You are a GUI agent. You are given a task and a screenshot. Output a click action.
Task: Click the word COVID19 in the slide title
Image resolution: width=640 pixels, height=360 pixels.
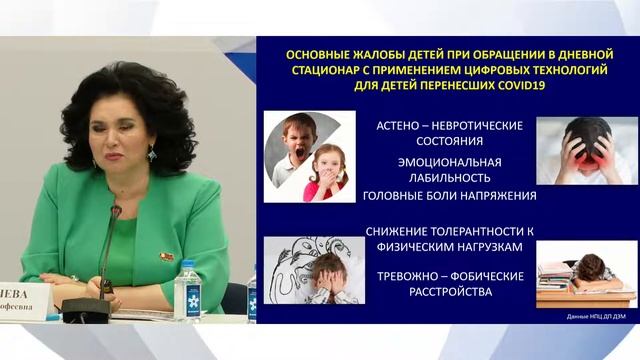pos(501,86)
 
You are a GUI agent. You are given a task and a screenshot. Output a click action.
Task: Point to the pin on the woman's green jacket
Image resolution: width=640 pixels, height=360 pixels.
pos(167,258)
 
